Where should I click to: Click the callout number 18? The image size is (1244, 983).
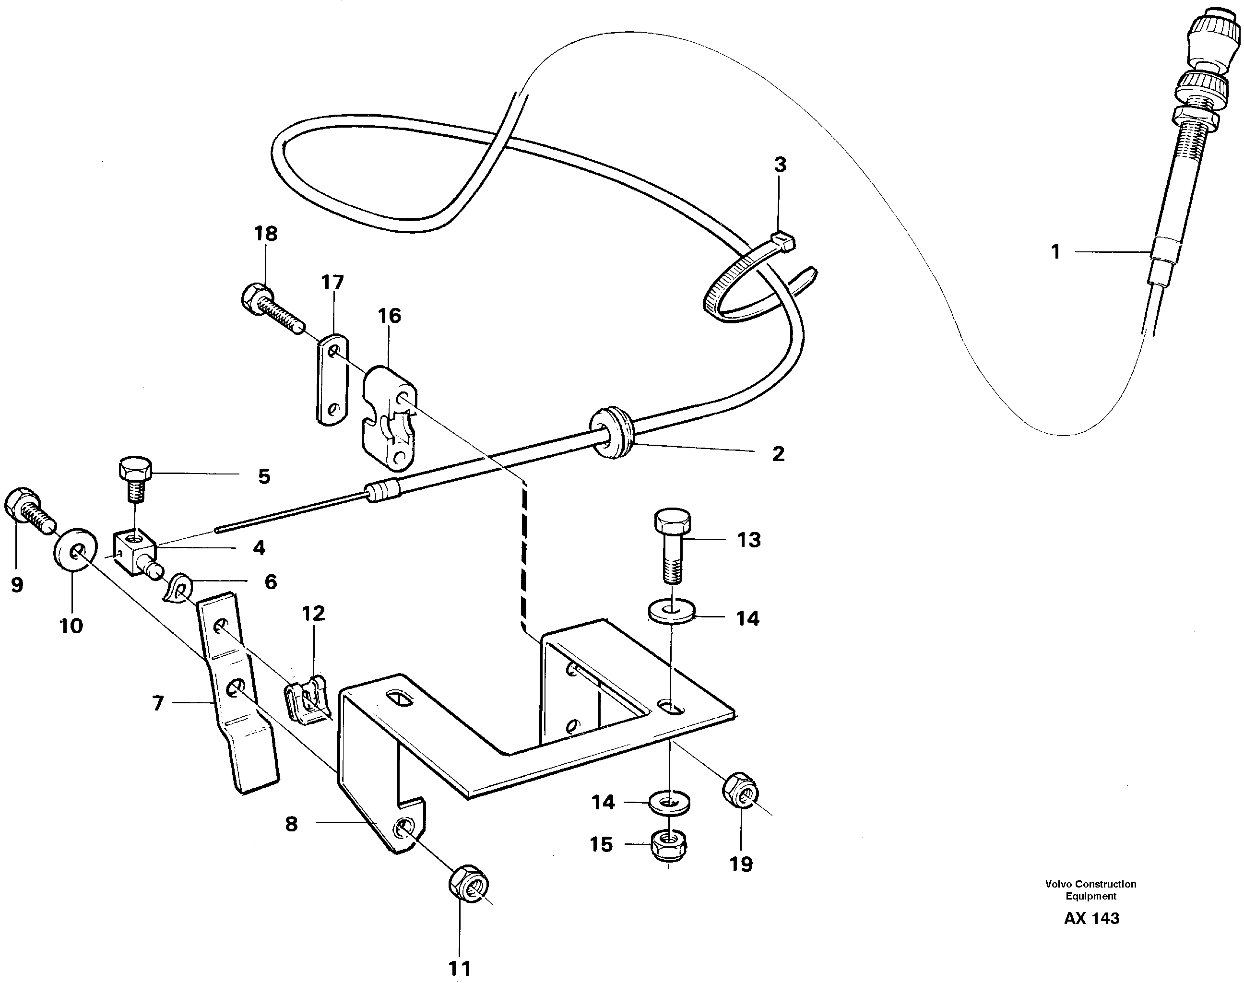click(265, 234)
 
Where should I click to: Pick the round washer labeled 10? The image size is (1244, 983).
click(73, 550)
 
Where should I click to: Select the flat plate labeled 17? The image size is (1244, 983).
click(332, 380)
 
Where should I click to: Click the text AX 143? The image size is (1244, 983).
click(1091, 917)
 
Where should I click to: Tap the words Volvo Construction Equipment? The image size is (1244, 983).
click(1090, 890)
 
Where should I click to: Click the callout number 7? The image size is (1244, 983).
click(158, 703)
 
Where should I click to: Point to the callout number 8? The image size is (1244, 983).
click(291, 824)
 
